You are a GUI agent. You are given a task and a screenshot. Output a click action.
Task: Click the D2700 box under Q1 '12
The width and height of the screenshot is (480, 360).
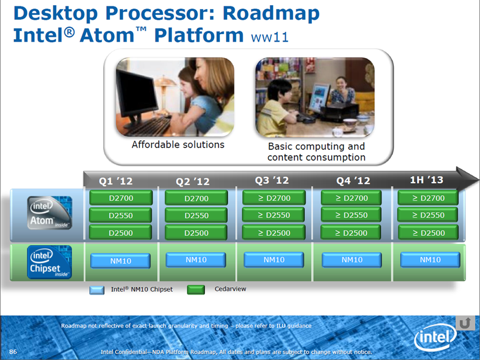point(121,198)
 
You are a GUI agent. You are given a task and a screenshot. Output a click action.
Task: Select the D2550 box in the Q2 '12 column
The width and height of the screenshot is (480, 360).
point(196,215)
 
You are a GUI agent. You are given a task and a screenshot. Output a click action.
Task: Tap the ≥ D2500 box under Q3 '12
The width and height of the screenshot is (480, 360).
point(274,233)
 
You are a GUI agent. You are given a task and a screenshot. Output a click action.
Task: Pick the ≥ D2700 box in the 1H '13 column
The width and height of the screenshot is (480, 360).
point(428,198)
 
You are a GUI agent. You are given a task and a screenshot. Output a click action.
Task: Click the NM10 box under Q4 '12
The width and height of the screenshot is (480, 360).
point(352,260)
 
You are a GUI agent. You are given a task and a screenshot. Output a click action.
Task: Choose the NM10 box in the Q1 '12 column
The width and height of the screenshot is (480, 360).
point(120,261)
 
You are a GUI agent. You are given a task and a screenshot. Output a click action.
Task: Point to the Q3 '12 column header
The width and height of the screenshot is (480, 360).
point(272,180)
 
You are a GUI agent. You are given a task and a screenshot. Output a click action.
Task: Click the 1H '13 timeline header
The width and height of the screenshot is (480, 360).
point(426,180)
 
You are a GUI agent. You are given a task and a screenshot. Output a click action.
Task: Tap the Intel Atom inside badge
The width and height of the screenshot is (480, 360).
point(49,213)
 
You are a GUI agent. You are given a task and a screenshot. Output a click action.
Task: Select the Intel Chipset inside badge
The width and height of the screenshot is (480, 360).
point(49,262)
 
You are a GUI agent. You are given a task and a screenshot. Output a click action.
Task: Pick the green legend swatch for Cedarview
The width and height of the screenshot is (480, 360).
point(196,289)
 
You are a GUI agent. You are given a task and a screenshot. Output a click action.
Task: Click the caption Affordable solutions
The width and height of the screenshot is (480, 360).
point(178,144)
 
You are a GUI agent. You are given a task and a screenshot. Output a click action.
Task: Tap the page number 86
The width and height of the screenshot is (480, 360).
point(13,351)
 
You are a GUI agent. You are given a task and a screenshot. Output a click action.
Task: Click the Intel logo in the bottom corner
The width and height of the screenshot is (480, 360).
point(435,337)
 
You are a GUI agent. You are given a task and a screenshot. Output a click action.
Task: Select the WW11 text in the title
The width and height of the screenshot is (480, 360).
point(270,37)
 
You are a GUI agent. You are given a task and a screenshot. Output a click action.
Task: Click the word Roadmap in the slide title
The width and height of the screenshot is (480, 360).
point(271,13)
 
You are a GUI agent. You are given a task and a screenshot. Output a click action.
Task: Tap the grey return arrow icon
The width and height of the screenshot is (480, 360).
point(465,323)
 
